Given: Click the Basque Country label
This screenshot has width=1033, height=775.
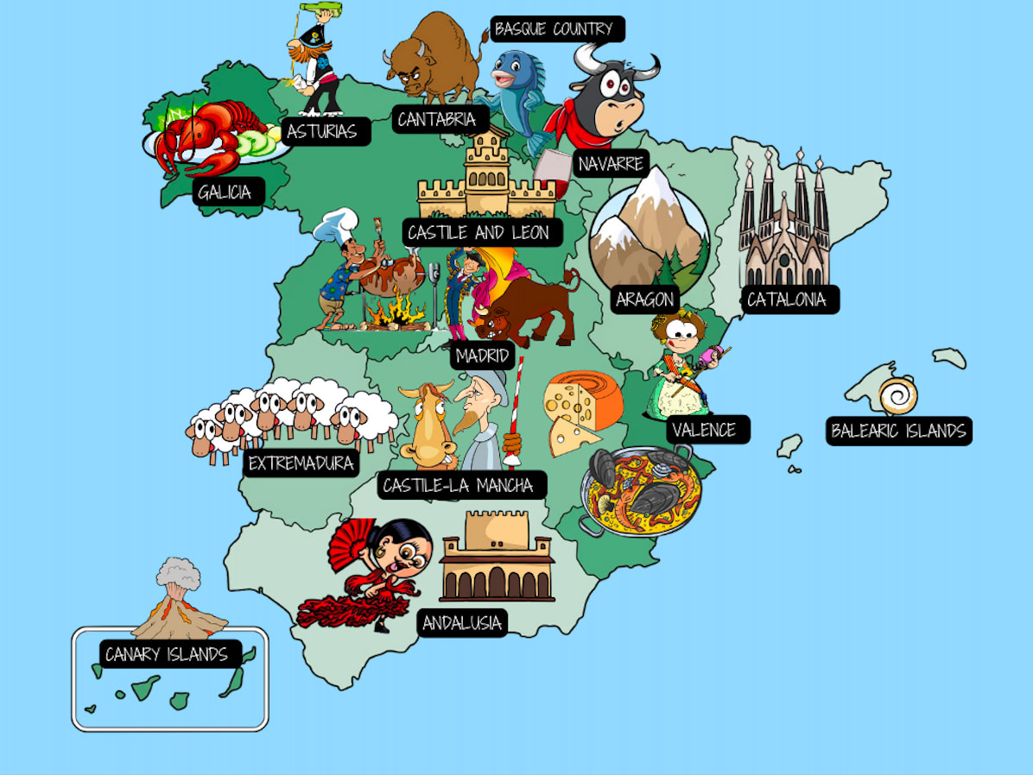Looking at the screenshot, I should click(554, 29).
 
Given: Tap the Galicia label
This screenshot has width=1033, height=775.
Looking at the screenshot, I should click(225, 192).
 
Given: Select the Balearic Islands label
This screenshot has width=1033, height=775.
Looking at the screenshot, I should click(898, 431).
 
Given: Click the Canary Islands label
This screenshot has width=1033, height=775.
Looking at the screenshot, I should click(167, 654).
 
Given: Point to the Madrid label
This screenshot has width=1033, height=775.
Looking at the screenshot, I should click(483, 356).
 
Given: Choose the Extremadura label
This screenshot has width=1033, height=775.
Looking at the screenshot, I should click(301, 463).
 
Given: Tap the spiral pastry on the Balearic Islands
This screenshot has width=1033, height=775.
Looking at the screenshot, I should click(898, 395).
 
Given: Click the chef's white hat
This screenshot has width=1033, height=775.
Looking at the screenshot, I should click(335, 226).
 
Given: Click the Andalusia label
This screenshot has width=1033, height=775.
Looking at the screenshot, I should click(462, 623).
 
